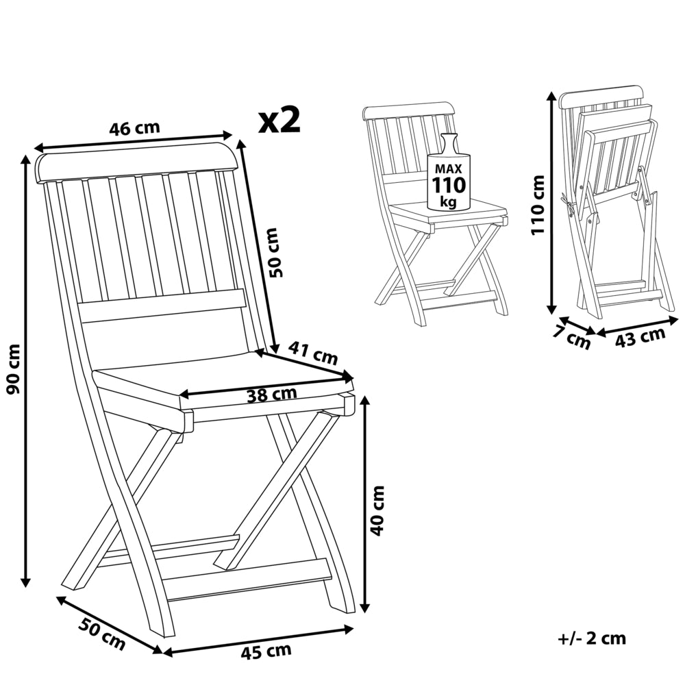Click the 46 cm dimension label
pyautogui.click(x=134, y=128)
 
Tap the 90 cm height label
pyautogui.click(x=14, y=369)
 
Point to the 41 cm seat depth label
pyautogui.click(x=313, y=352)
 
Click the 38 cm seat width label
pyautogui.click(x=272, y=394)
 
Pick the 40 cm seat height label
pyautogui.click(x=377, y=510)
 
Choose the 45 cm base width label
pyautogui.click(x=266, y=651)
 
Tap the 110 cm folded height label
pyautogui.click(x=538, y=205)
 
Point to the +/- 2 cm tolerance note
pyautogui.click(x=592, y=638)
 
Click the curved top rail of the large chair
pyautogui.click(x=137, y=162)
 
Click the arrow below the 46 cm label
pyautogui.click(x=134, y=140)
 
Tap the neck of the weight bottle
pyautogui.click(x=449, y=143)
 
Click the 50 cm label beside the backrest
pyautogui.click(x=276, y=252)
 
